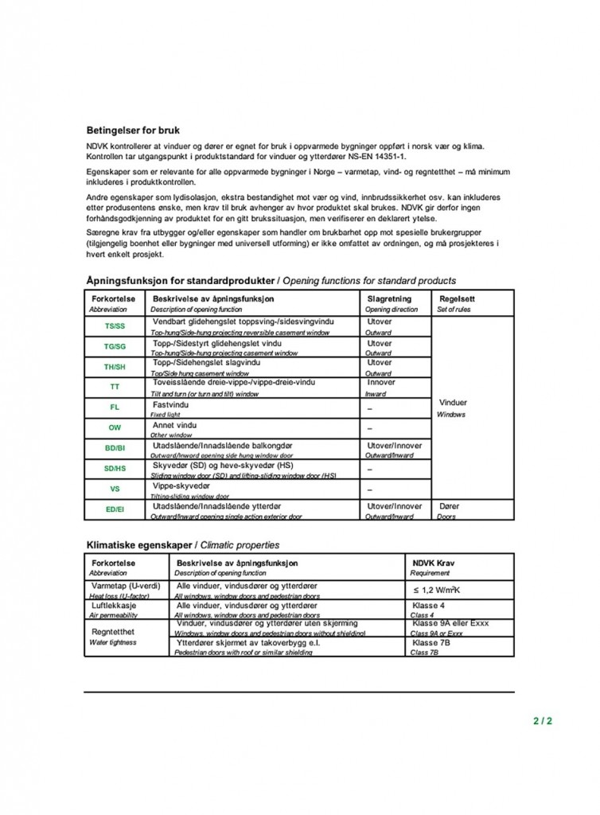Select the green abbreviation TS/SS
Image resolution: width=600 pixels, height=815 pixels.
coord(115,326)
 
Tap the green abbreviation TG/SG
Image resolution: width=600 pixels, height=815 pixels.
coord(115,346)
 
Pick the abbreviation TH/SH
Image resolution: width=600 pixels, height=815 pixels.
coord(115,367)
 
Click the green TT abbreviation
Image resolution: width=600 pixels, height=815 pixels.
coord(115,387)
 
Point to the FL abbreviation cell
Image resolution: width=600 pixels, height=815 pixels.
coord(115,407)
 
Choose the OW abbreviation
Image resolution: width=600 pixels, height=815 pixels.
coord(115,427)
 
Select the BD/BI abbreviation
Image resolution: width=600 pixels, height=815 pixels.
coord(115,448)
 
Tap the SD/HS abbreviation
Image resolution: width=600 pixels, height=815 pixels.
coord(115,469)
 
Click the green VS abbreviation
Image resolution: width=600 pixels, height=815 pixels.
coord(115,489)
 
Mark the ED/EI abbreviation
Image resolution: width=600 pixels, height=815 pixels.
coord(115,509)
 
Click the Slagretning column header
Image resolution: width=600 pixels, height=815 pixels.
coord(389,298)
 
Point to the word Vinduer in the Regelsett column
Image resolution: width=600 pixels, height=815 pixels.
coord(453,403)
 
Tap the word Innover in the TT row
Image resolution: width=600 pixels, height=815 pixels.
coord(381,382)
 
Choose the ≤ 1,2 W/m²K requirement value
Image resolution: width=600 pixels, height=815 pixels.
coord(437,591)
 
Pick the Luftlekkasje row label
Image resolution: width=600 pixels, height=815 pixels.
coord(113,606)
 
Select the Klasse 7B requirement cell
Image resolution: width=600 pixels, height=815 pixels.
coord(431,642)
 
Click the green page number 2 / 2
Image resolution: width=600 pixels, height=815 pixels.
coord(542,722)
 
